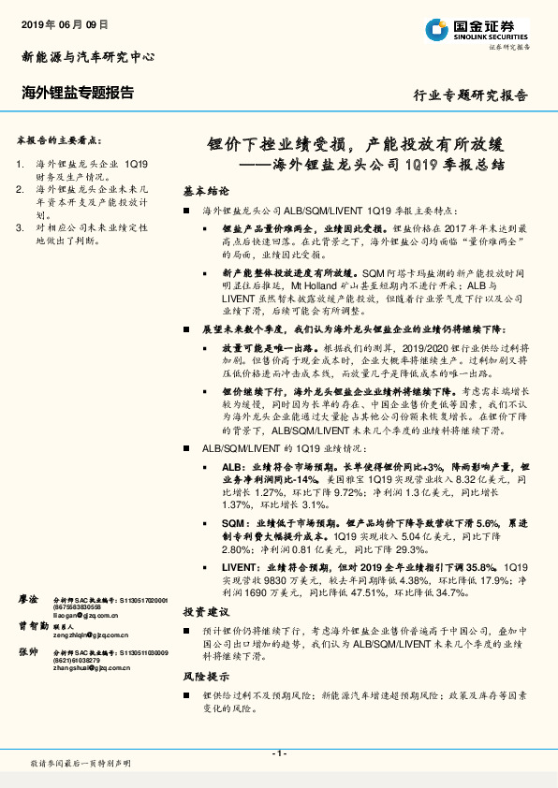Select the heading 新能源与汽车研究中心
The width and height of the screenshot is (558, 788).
[x=87, y=56]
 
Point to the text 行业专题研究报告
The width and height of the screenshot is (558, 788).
[x=470, y=95]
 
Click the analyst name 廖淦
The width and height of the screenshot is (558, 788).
[x=29, y=598]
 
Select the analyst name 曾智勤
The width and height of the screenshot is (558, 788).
[x=33, y=625]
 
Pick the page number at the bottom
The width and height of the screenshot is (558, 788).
[x=278, y=754]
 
